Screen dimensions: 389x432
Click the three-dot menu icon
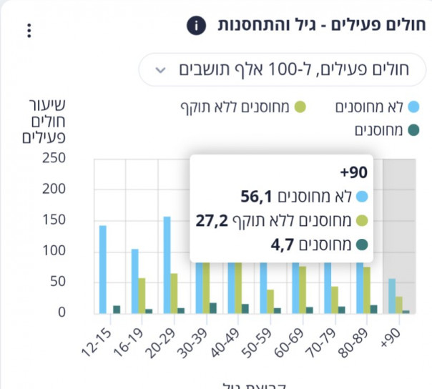point(29,31)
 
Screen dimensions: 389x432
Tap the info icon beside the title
point(196,26)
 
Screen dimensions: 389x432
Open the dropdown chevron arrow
point(161,70)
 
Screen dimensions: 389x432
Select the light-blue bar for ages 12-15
point(103,270)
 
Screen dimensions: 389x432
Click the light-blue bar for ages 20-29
point(167,265)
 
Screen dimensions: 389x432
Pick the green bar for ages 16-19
point(142,295)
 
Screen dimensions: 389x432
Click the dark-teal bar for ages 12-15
point(117,310)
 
